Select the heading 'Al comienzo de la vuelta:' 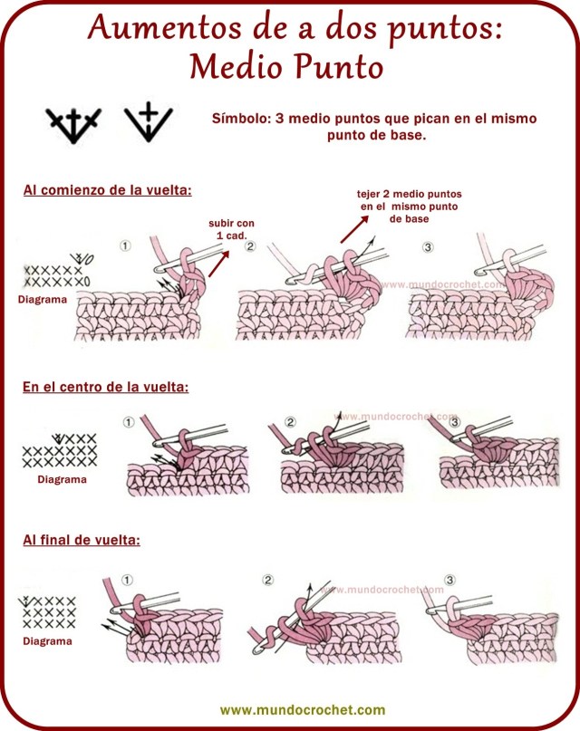107,191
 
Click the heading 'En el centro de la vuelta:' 105,387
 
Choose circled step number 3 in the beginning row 428,245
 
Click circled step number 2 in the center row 290,422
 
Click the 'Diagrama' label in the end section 46,640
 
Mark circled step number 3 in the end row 450,580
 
